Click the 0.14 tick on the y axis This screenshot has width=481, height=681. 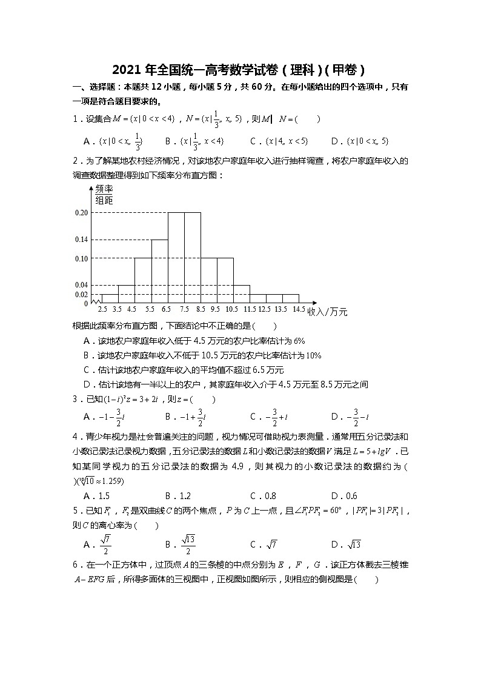tap(81, 240)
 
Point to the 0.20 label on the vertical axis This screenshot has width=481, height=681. tap(81, 213)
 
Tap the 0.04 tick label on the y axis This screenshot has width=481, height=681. tap(81, 285)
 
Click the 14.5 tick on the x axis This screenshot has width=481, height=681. tap(299, 309)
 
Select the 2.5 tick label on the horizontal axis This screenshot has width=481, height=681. tap(101, 309)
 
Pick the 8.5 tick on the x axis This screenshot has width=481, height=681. tap(201, 309)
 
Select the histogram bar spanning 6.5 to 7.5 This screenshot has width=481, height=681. tap(176, 258)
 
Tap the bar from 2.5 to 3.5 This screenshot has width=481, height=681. tap(110, 298)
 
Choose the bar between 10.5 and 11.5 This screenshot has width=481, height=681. tap(242, 294)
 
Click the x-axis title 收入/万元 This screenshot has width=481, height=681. tap(328, 312)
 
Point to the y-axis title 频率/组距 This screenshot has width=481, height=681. tap(104, 195)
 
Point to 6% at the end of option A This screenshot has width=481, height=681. tap(299, 341)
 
